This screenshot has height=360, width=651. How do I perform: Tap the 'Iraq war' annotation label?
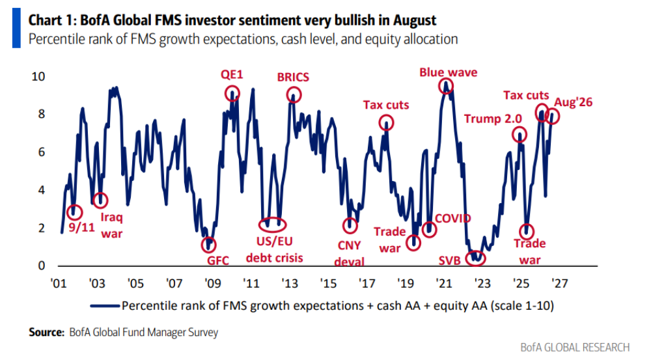(112, 225)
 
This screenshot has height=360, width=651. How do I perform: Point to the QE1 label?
(232, 75)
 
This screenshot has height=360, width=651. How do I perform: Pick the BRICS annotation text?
(293, 77)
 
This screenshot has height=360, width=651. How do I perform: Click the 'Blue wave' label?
(448, 72)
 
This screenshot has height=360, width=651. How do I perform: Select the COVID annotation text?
(452, 218)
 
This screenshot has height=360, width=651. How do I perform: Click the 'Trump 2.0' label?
(493, 118)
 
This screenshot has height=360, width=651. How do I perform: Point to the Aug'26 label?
(574, 102)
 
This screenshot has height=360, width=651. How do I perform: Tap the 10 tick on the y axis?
(38, 76)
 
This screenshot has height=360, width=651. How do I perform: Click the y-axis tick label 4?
(42, 190)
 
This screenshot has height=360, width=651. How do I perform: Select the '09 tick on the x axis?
(213, 284)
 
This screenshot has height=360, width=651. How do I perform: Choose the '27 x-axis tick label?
(559, 284)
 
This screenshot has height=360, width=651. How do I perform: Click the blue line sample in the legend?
(105, 306)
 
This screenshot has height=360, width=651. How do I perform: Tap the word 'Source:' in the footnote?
(46, 332)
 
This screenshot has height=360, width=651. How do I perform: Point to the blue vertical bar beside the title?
(16, 28)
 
